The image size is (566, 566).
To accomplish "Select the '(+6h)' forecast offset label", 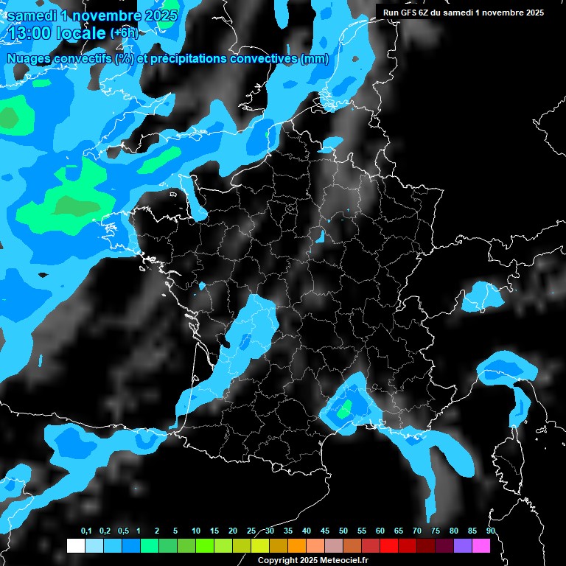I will coord(124,33).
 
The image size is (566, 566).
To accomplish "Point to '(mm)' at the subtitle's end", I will coord(315,59).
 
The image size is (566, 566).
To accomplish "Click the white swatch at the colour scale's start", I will coord(75,546).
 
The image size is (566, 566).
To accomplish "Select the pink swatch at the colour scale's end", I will coord(481,546).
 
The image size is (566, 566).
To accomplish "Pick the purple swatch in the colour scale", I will coord(463,546).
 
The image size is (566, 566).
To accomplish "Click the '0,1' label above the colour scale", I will coord(86,531).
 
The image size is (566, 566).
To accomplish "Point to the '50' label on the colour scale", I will coord(343,531).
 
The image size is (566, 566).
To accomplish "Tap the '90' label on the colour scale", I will coord(491,531).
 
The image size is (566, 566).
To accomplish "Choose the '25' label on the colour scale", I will coord(251,531).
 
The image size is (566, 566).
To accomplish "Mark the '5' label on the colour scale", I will coord(175,531).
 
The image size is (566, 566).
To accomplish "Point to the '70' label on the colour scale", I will coord(417,531).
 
